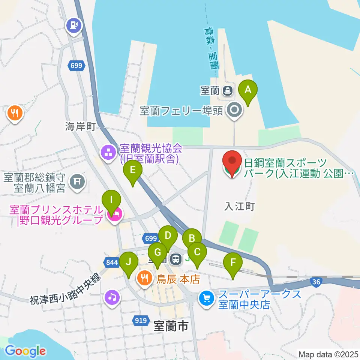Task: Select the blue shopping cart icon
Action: pos(206,298)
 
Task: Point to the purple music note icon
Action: pos(112,297)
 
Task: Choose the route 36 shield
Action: pos(317,281)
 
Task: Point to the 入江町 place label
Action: pos(240,206)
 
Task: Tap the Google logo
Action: pos(25,351)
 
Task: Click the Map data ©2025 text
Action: pos(328,354)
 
